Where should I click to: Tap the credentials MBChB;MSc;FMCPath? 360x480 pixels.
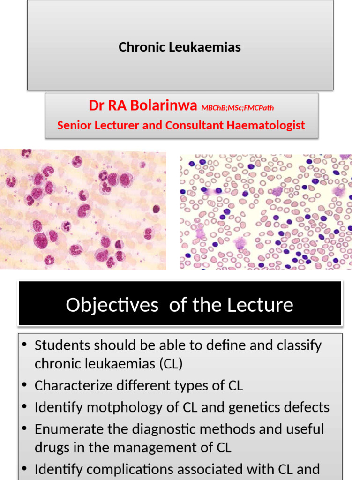point(238,108)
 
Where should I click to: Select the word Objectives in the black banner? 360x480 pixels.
point(112,305)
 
